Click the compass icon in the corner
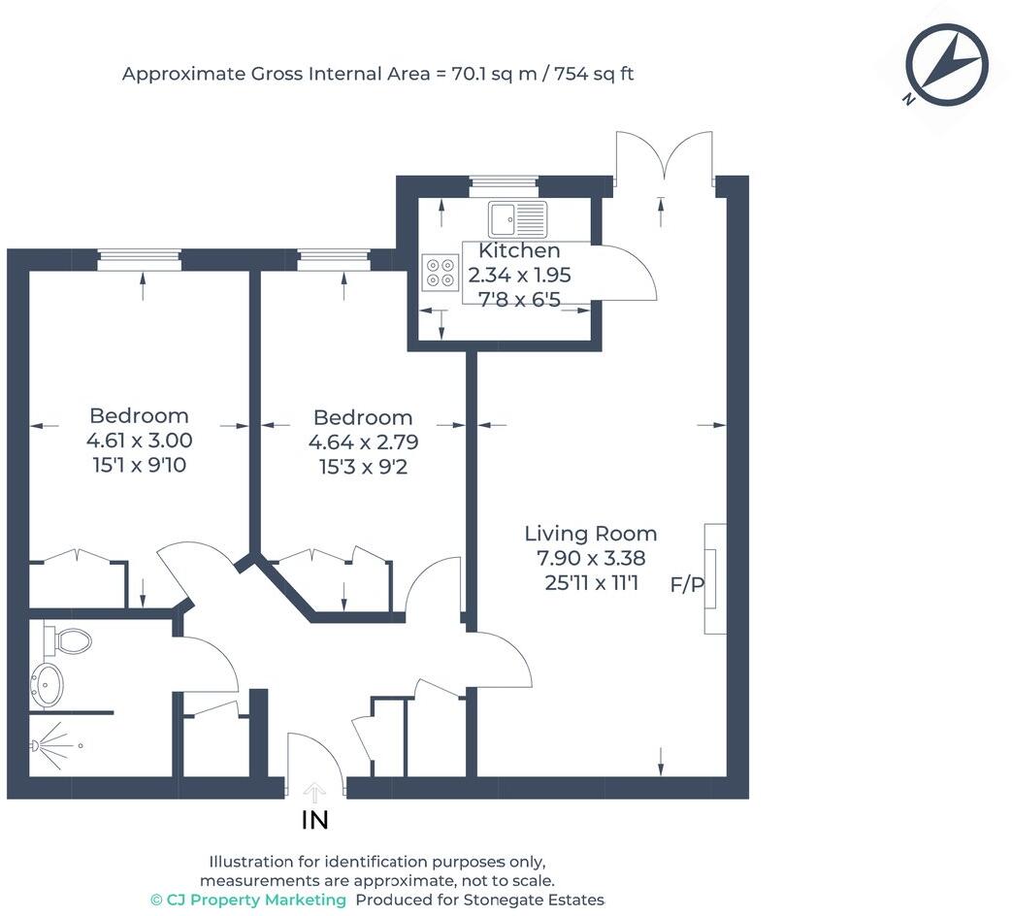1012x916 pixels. pos(946,65)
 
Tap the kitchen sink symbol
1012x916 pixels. pos(517,219)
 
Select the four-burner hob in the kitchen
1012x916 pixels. pos(441,272)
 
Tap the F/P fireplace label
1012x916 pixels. pos(687,585)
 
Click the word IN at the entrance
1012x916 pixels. pos(315,821)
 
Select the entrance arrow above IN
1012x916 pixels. pos(314,794)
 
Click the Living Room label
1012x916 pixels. pos(591,534)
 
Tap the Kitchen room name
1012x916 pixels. pos(519,250)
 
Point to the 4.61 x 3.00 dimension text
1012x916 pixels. pos(140,441)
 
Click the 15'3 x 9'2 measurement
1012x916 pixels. pos(363,467)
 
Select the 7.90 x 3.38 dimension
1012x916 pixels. pos(591,558)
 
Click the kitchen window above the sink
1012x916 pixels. pos(504,186)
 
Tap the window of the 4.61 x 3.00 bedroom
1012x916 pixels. pos(140,260)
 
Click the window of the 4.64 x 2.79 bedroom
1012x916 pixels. pos(334,260)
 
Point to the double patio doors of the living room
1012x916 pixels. pos(665,158)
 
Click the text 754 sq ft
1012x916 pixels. pos(594,74)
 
